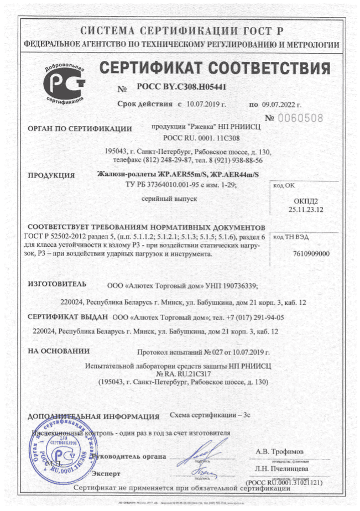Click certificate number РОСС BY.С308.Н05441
(182, 87)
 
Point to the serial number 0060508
(301, 117)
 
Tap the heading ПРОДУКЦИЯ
(51, 176)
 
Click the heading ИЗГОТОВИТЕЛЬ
(57, 284)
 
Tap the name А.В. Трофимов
(279, 451)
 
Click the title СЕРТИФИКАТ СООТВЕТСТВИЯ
(215, 69)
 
